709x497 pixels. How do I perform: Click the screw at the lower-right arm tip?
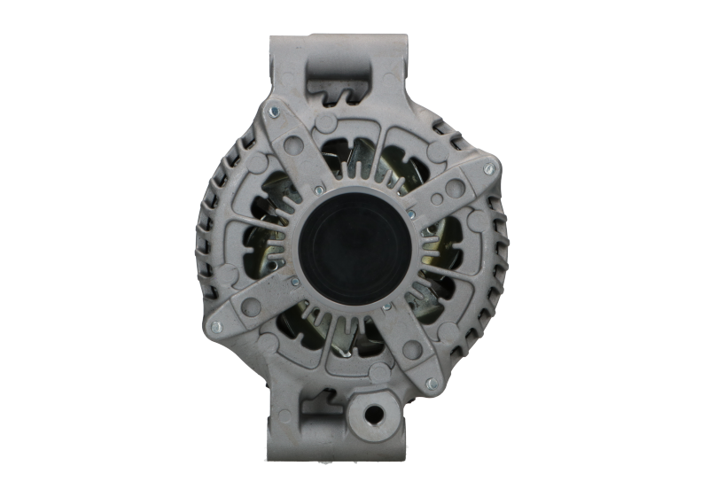(430, 383)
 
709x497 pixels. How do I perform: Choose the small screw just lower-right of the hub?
(386, 307)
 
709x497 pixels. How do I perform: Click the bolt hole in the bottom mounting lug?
(372, 413)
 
